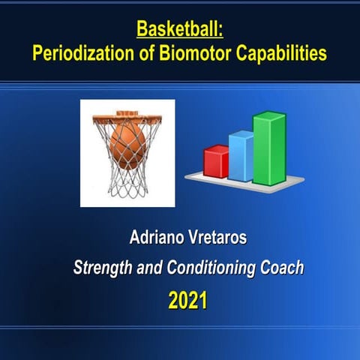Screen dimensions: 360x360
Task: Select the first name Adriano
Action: point(155,240)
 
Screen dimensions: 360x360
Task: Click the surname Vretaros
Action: point(218,240)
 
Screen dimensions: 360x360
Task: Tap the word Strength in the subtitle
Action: point(103,268)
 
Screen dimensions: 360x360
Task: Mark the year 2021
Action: point(187,301)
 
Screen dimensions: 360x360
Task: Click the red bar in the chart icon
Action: point(216,162)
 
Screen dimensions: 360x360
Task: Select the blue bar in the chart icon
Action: point(241,157)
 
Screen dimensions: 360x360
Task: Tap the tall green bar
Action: point(268,148)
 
